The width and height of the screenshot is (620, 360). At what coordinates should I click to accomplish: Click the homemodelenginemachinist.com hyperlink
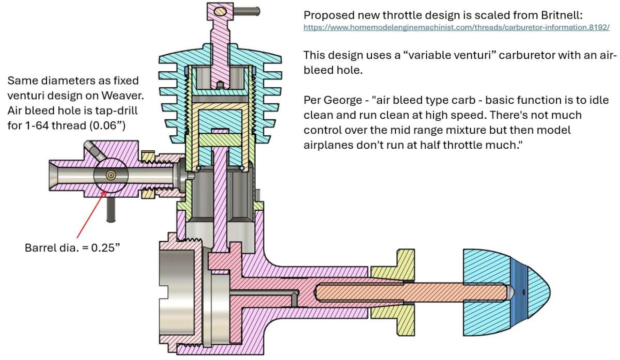tap(456, 27)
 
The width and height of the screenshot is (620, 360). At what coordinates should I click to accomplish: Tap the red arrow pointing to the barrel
tap(91, 214)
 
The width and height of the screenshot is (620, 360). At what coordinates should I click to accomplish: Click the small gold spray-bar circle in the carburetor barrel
tap(111, 175)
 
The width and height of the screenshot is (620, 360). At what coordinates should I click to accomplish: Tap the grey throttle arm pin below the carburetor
tap(111, 209)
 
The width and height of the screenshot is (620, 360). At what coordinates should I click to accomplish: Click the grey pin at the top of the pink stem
tap(246, 11)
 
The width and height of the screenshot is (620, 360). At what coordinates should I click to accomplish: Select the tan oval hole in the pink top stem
tap(220, 11)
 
